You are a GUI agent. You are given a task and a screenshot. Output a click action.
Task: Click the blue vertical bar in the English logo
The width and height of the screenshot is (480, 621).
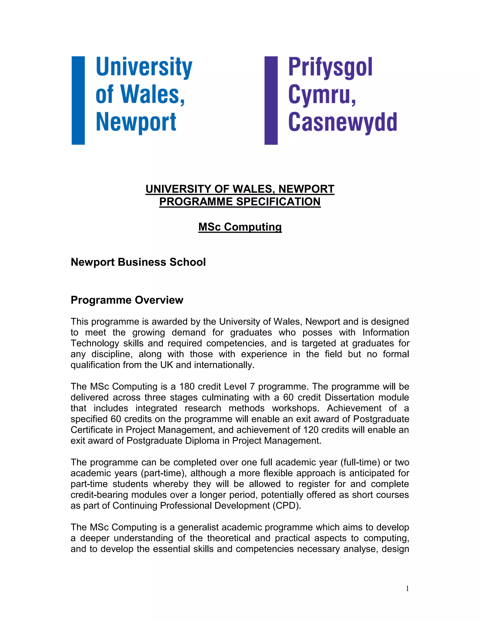(x=78, y=100)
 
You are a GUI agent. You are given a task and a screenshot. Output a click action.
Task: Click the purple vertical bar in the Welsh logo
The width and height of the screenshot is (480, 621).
(x=271, y=100)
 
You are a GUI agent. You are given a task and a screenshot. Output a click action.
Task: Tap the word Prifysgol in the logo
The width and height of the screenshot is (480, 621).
(x=330, y=68)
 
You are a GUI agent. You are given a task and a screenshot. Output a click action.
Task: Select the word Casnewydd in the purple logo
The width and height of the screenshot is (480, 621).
(x=342, y=122)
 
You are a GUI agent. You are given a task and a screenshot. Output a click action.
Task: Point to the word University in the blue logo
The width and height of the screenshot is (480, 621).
(x=144, y=68)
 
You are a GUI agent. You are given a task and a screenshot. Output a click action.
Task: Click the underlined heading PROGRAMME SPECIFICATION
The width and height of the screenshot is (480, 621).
(x=240, y=202)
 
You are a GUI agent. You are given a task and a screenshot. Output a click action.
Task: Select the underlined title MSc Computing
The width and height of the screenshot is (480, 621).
(x=240, y=227)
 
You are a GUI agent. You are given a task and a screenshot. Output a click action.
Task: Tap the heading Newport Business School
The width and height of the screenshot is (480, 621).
(x=138, y=262)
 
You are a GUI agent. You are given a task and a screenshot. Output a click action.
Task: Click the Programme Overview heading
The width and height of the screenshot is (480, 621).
(x=127, y=300)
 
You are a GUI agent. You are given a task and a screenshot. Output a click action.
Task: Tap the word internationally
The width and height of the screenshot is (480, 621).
(x=224, y=365)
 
